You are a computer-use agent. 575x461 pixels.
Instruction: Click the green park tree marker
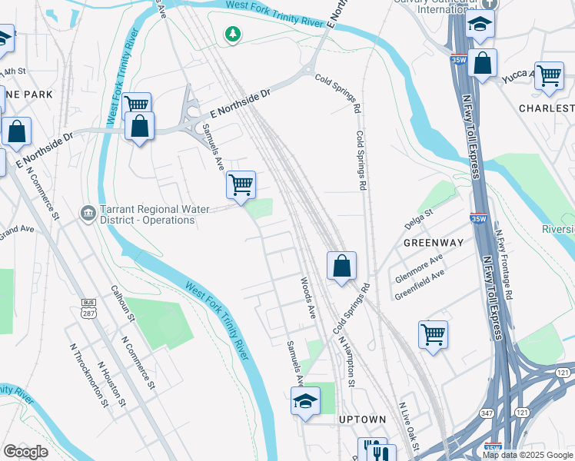pyautogui.click(x=232, y=34)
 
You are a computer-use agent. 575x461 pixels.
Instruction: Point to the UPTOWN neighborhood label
pyautogui.click(x=363, y=420)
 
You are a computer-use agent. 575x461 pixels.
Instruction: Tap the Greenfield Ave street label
pyautogui.click(x=420, y=282)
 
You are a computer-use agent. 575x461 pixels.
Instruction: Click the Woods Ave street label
pyautogui.click(x=308, y=298)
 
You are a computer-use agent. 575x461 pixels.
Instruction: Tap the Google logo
pyautogui.click(x=25, y=452)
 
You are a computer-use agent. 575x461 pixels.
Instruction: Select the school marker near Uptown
pyautogui.click(x=305, y=400)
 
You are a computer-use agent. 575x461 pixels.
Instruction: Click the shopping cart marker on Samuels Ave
pyautogui.click(x=241, y=184)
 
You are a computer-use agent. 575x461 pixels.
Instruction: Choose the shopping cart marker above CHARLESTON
pyautogui.click(x=549, y=75)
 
